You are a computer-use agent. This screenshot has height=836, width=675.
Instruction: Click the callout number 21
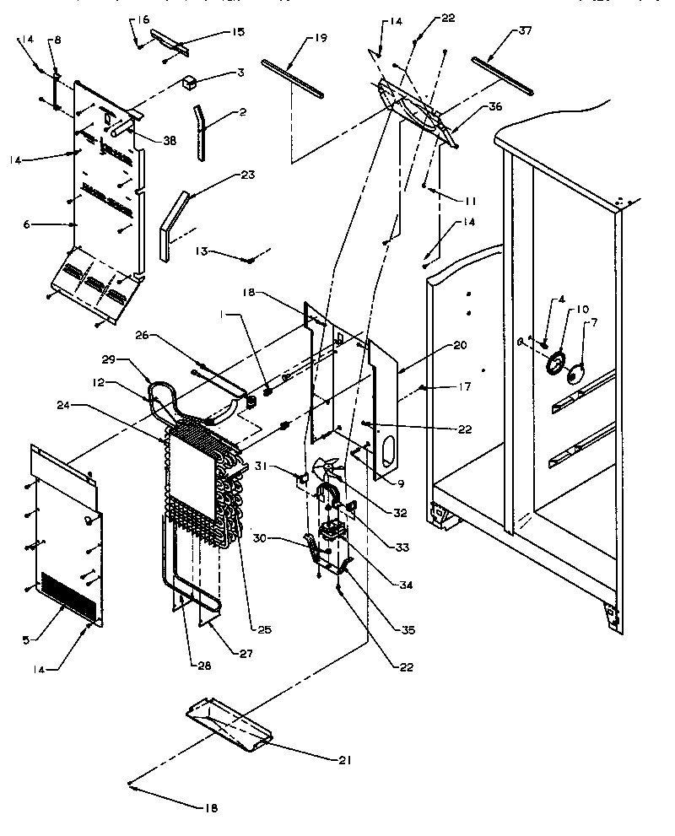click(x=343, y=760)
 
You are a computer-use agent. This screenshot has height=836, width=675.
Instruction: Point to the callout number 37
click(x=526, y=31)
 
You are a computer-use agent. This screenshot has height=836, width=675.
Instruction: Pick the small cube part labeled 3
click(x=190, y=83)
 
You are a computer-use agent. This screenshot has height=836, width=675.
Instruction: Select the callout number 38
click(x=170, y=141)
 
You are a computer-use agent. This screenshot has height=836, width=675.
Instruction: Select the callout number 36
click(x=494, y=106)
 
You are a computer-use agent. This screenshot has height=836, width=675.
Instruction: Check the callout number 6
click(x=26, y=224)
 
